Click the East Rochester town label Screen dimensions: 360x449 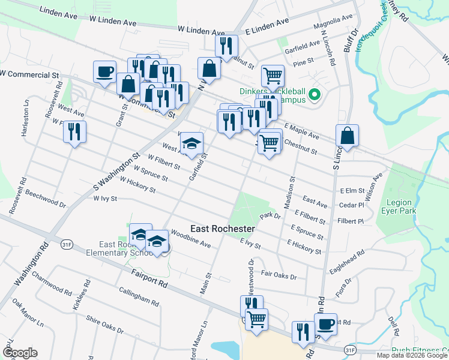click(223, 229)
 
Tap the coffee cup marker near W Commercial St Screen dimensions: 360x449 click(104, 73)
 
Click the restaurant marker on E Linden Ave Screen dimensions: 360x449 click(226, 46)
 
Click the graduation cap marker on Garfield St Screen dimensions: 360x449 click(191, 144)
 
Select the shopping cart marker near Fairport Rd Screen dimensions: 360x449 click(256, 320)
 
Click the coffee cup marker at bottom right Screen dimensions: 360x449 click(325, 325)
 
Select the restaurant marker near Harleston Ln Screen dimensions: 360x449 click(74, 132)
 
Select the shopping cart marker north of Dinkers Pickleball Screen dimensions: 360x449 click(273, 76)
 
